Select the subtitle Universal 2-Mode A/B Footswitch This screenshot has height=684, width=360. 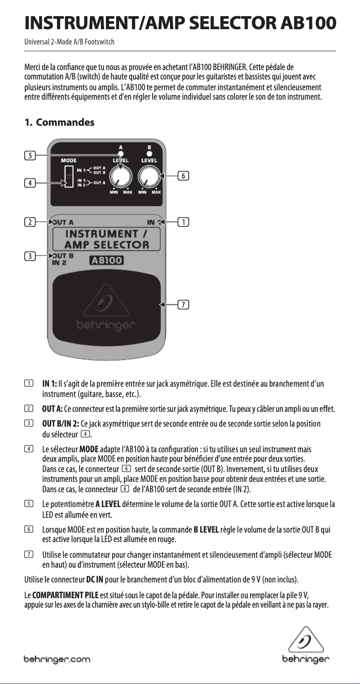point(69,42)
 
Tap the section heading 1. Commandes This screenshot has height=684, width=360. point(59,122)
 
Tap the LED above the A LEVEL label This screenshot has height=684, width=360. point(120,154)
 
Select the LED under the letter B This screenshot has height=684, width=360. point(149,154)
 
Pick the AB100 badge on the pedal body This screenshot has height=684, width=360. point(106,261)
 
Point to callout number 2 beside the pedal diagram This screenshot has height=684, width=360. point(30,222)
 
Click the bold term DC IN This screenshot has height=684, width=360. point(95,577)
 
